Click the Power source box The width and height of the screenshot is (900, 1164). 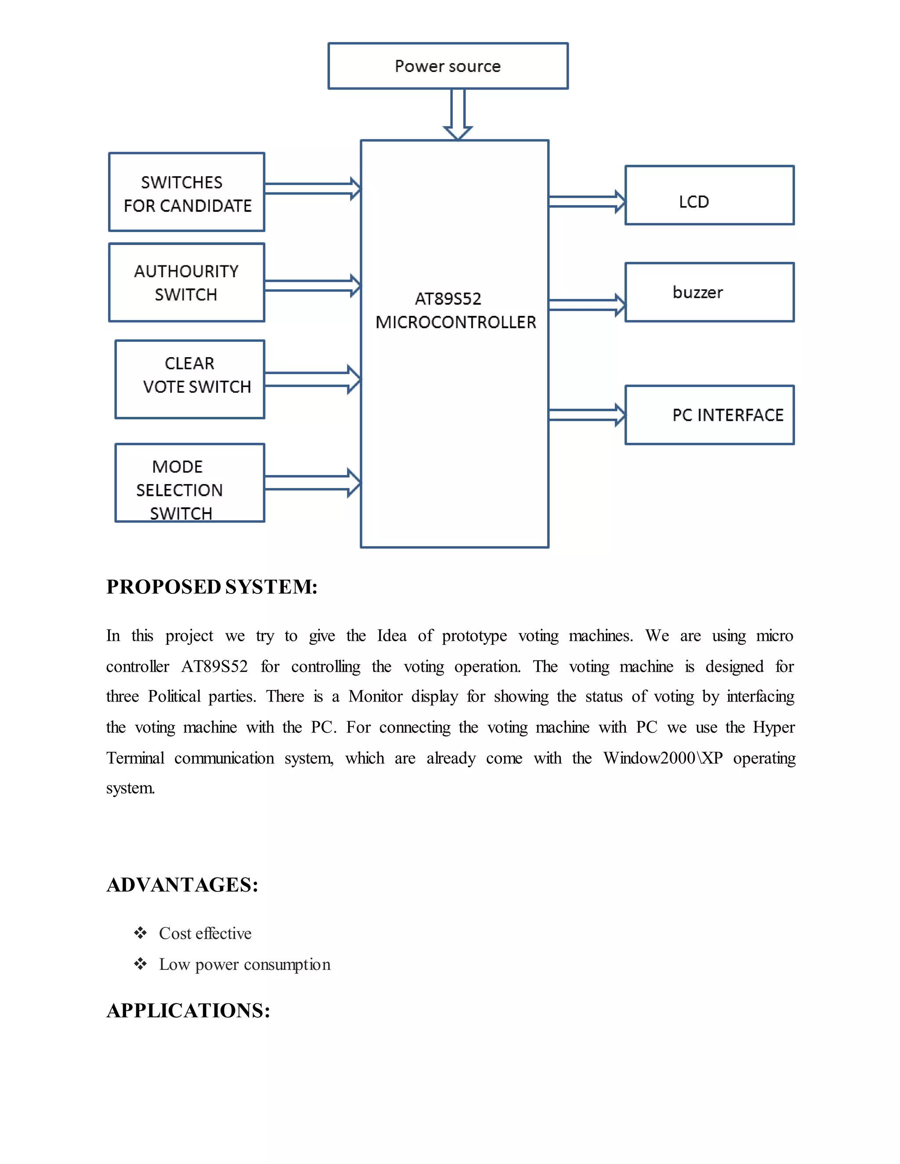tap(448, 66)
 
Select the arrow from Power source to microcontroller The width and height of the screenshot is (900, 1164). tap(458, 114)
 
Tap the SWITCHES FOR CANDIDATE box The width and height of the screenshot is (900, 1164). tap(187, 192)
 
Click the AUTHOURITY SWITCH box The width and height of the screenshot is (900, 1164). tap(187, 282)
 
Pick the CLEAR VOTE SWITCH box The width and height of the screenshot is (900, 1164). tap(190, 380)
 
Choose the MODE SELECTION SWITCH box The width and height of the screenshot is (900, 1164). tap(190, 483)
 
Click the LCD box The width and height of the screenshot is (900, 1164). tap(709, 195)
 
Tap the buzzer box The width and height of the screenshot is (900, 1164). tap(709, 292)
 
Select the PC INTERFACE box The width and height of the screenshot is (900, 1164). tap(709, 415)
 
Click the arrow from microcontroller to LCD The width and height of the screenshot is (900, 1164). tap(587, 202)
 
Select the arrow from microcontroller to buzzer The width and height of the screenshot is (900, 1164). tap(587, 305)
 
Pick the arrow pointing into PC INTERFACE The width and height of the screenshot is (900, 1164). tap(587, 415)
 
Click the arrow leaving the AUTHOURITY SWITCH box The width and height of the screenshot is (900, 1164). tap(312, 286)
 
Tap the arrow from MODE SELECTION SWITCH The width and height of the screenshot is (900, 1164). tap(312, 483)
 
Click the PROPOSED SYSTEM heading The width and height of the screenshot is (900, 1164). tap(212, 587)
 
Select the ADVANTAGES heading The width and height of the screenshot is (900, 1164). tap(182, 885)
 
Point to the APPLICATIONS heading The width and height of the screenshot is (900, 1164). tap(188, 1011)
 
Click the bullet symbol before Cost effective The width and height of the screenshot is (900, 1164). tap(140, 933)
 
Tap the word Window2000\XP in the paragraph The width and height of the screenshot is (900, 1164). tap(663, 758)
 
